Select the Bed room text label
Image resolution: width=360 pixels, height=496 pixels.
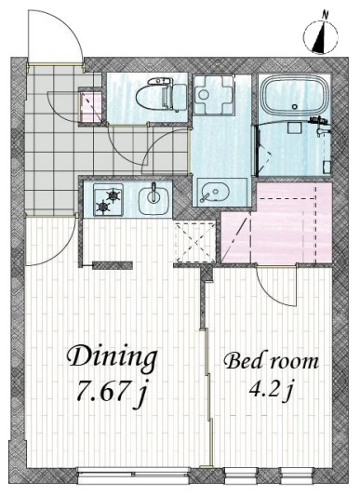click(x=271, y=361)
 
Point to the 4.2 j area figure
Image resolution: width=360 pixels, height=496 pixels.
click(x=270, y=390)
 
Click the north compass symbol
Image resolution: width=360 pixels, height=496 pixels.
click(x=320, y=36)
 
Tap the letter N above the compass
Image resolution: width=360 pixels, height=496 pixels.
click(x=325, y=14)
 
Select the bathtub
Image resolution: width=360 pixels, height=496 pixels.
click(x=294, y=95)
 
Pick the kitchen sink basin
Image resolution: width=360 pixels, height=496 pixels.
click(x=154, y=198)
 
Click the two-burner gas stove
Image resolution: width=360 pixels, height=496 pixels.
click(x=109, y=200)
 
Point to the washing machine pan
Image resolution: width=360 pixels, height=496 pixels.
click(x=213, y=95)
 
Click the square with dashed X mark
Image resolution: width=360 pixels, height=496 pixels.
click(x=195, y=243)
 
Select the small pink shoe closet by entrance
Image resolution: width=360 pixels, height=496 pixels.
click(x=90, y=106)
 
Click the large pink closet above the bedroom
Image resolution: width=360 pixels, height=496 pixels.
click(x=277, y=223)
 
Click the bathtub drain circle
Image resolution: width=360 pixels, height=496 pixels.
click(x=295, y=107)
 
